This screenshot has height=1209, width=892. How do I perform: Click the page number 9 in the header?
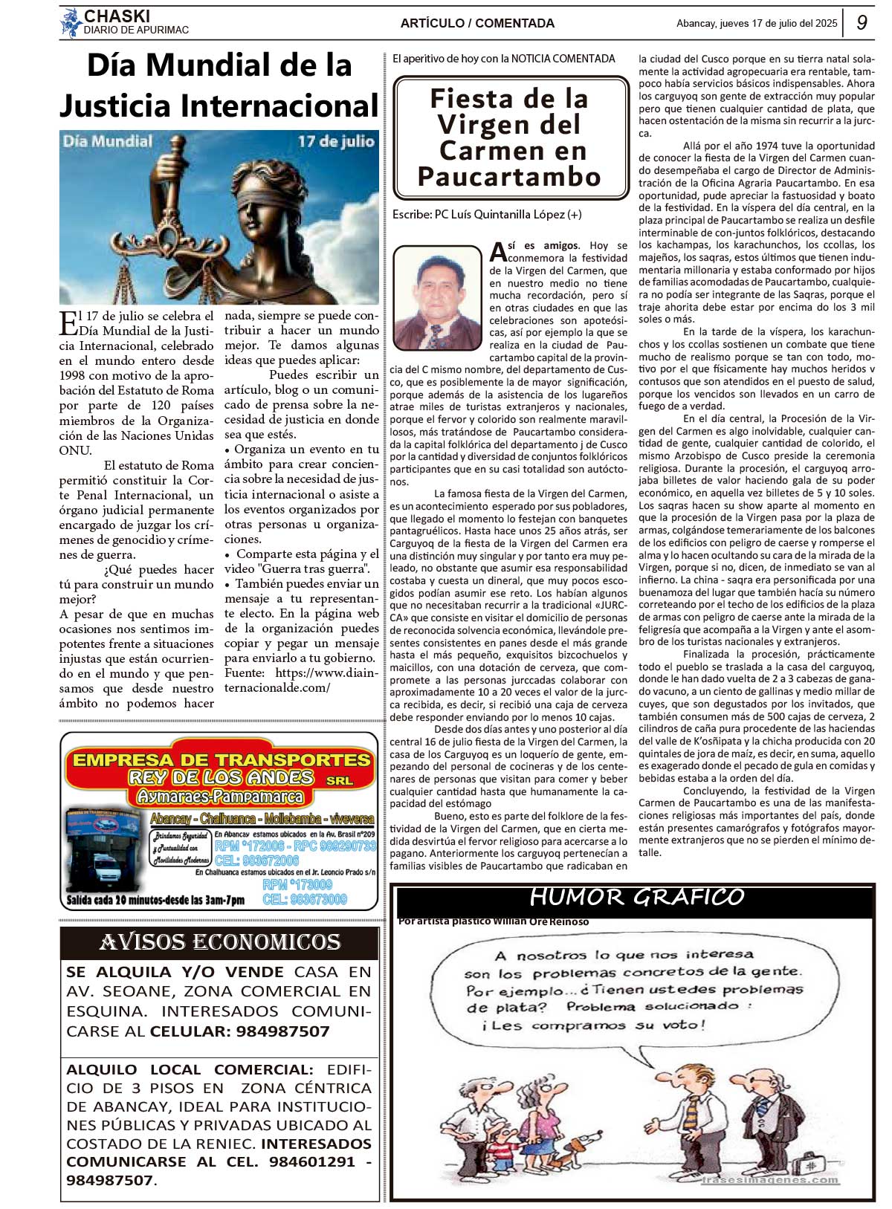pos(862,22)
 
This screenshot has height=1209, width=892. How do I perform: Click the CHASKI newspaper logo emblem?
pos(71,23)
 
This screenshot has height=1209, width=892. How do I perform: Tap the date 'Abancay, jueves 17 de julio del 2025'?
pos(757,23)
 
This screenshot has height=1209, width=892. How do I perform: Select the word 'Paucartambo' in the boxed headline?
pos(510,178)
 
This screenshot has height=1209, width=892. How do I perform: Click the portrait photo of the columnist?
pos(438,296)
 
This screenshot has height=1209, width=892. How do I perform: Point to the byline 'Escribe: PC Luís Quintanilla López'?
pos(487,214)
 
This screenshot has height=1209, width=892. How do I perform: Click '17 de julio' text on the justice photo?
pos(336,141)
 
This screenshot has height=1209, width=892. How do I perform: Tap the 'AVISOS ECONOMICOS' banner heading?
pos(220,942)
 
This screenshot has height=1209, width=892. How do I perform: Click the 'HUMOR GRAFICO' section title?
pos(636,898)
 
